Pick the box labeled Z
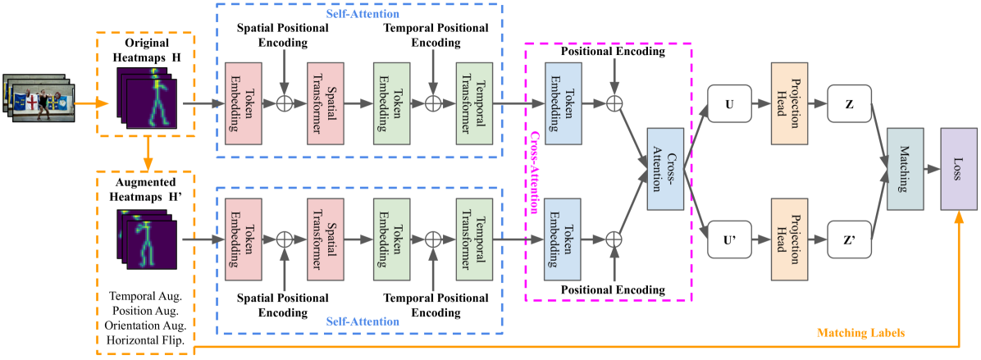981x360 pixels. pyautogui.click(x=849, y=104)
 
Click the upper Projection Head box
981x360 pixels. pyautogui.click(x=789, y=104)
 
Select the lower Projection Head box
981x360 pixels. pyautogui.click(x=789, y=239)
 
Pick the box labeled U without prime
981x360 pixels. pyautogui.click(x=730, y=104)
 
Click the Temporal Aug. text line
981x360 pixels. pyautogui.click(x=146, y=295)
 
